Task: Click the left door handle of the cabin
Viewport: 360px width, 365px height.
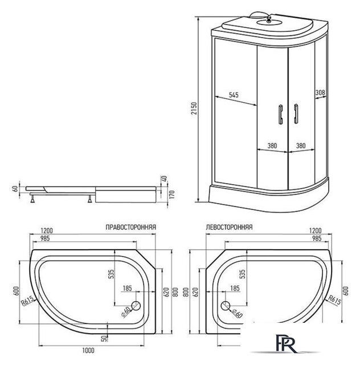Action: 280,113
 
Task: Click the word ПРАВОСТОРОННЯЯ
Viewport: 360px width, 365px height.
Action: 131,226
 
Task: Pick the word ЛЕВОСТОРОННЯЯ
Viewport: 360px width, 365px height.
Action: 228,226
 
